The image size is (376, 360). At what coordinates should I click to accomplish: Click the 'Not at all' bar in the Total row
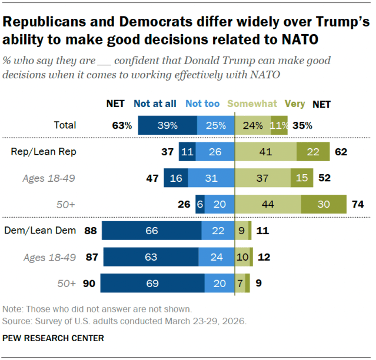(167, 125)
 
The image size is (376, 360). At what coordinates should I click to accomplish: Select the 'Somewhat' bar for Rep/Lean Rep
(266, 152)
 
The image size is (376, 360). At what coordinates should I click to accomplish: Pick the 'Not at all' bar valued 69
(152, 283)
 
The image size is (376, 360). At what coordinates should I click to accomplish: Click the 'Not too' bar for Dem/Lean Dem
(218, 231)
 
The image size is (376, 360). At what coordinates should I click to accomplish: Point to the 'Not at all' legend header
(155, 104)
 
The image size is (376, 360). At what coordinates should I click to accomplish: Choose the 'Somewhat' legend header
(252, 104)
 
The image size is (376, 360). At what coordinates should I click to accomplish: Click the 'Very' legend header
(295, 104)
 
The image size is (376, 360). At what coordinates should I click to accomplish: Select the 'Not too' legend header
(202, 104)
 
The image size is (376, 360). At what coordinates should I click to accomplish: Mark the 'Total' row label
(64, 125)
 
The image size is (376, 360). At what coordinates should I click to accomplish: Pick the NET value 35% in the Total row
(301, 125)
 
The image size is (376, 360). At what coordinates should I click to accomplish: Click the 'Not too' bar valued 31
(210, 178)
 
